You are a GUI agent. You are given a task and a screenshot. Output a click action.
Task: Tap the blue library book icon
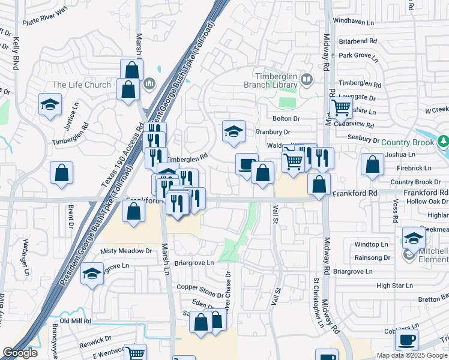pyautogui.click(x=307, y=79)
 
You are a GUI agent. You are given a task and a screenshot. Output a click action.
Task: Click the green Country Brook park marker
pyautogui.click(x=444, y=142)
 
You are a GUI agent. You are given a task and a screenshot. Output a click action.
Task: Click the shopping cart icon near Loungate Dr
pyautogui.click(x=341, y=108)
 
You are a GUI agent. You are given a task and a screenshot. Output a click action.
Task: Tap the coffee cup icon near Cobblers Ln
pyautogui.click(x=406, y=340)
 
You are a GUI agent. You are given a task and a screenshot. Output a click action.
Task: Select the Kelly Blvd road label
pyautogui.click(x=16, y=53)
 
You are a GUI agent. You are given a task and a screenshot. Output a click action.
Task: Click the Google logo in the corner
pyautogui.click(x=20, y=353)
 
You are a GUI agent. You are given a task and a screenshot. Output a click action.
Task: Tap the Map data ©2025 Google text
pyautogui.click(x=412, y=355)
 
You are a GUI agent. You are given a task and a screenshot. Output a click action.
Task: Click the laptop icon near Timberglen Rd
pyautogui.click(x=246, y=166)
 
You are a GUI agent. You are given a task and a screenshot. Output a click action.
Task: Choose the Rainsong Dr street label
pyautogui.click(x=372, y=257)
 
